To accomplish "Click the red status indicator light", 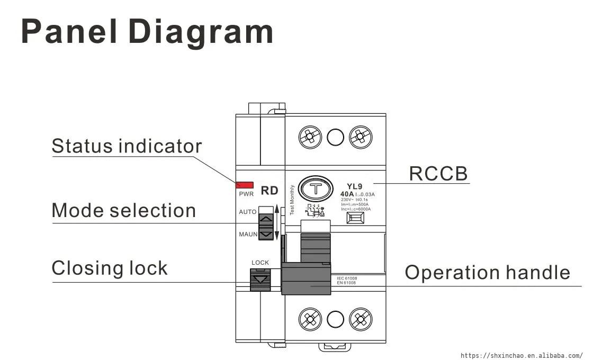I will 245,185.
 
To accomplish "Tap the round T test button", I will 316,189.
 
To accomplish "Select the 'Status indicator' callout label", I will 127,146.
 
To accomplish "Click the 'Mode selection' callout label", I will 123,211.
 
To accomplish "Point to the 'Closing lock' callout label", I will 110,268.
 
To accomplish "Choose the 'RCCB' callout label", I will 438,174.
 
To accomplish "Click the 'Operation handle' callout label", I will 487,273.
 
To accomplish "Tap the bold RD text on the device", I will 269,191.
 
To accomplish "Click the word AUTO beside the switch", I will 248,212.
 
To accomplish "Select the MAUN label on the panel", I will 248,234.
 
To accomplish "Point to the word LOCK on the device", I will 260,263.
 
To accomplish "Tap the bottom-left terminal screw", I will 310,319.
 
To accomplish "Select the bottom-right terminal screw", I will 360,319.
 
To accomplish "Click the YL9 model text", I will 355,186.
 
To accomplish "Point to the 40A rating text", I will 347,194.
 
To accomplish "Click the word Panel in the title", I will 69,32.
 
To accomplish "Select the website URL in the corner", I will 521,355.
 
